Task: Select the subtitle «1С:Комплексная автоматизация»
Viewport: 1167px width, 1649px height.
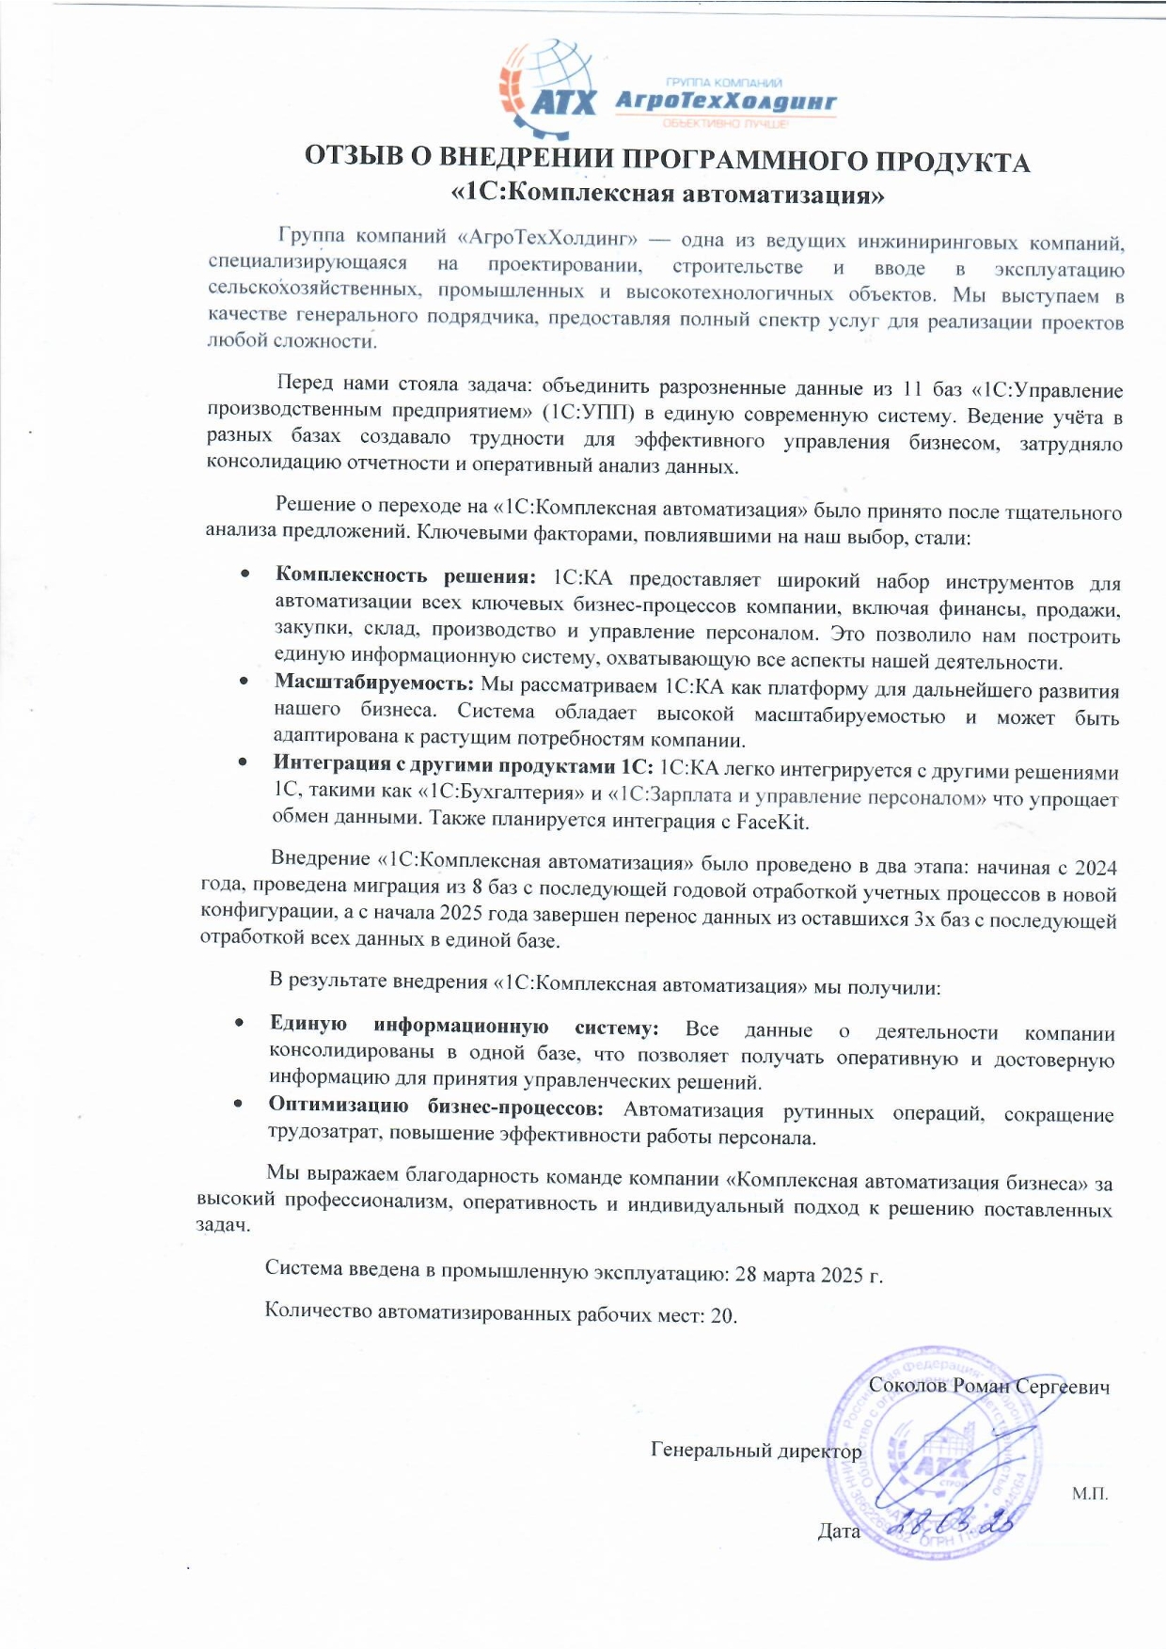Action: point(669,195)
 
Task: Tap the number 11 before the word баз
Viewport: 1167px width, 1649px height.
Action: point(912,389)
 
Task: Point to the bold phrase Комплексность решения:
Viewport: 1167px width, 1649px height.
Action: point(405,575)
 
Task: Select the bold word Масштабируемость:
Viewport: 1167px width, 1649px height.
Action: point(373,683)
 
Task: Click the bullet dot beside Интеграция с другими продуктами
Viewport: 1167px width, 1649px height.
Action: point(244,762)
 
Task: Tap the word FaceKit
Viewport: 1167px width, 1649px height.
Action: point(775,822)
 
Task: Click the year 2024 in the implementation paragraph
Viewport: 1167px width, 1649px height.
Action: point(1096,867)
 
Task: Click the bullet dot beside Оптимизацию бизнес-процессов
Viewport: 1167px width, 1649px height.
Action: point(239,1106)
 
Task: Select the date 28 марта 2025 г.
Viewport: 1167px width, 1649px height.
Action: point(809,1274)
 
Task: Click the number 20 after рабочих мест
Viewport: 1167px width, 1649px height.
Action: point(722,1315)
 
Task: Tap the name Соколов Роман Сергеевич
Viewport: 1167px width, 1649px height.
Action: point(988,1386)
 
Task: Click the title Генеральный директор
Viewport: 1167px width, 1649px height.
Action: point(755,1451)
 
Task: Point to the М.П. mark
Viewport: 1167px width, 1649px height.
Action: point(1090,1493)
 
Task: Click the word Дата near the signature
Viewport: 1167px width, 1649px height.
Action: point(839,1531)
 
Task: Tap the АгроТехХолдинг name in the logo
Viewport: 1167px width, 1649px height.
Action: point(724,102)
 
